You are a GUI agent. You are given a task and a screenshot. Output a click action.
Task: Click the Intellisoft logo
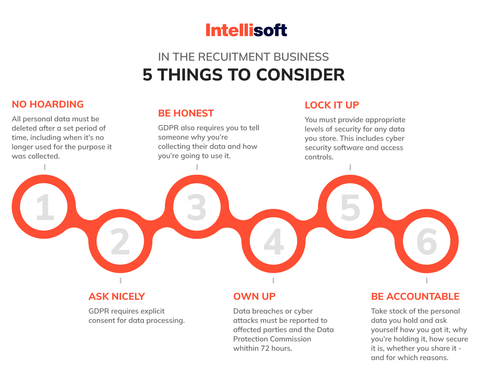tap(246, 30)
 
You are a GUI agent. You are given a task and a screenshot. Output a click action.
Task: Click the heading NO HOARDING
tap(48, 104)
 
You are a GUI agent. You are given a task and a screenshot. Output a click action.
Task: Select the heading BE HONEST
tap(186, 113)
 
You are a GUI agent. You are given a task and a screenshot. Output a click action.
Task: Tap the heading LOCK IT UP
tap(332, 105)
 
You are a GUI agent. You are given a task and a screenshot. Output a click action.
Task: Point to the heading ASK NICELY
tap(117, 297)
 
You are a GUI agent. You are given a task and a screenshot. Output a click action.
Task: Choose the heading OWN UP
tap(254, 297)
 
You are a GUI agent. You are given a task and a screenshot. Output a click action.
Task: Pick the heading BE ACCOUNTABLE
tap(415, 297)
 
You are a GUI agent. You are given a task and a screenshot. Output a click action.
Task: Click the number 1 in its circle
tap(45, 207)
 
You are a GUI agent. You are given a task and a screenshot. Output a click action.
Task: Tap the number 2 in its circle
tap(120, 242)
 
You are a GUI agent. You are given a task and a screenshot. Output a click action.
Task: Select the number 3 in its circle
tap(197, 207)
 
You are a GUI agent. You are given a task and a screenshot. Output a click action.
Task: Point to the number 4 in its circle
tap(274, 242)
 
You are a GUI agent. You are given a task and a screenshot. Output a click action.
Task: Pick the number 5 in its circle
tap(350, 207)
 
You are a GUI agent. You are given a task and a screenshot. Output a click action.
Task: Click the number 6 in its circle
tap(426, 242)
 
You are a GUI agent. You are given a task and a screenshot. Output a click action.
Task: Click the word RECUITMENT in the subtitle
tap(234, 57)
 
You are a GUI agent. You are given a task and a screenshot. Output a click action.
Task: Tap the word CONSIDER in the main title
tap(300, 74)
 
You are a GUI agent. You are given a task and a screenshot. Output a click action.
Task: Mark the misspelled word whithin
tap(246, 348)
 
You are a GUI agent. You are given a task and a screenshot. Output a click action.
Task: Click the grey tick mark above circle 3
tap(197, 167)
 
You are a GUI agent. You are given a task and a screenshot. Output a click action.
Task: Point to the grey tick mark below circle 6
tap(426, 280)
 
